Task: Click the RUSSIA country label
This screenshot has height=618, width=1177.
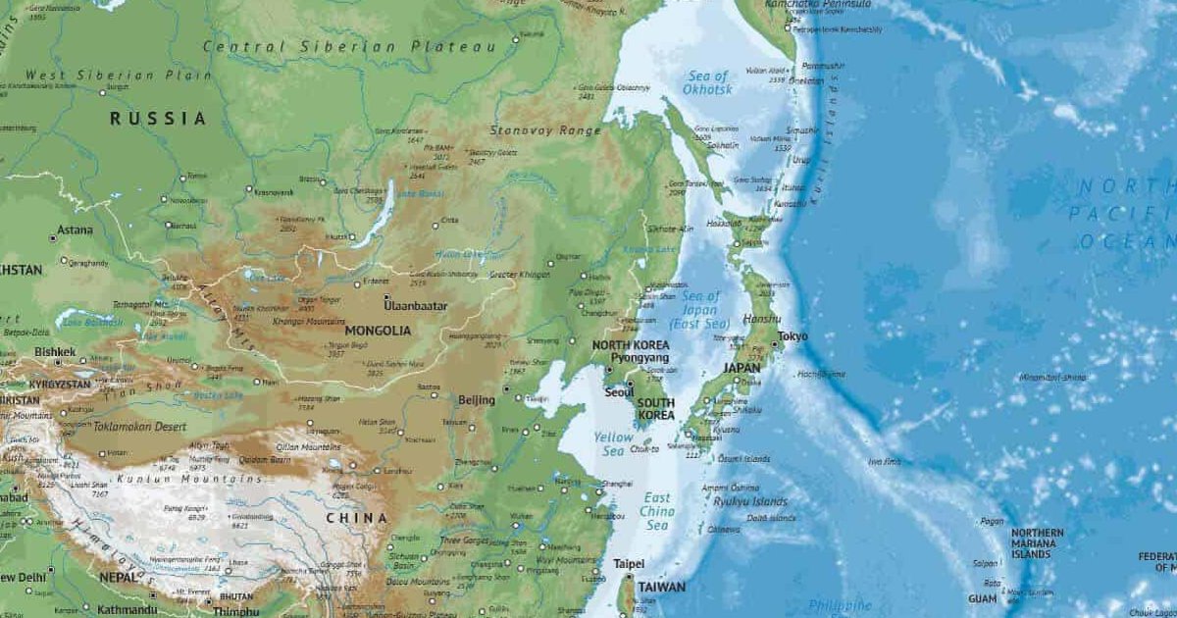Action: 158,119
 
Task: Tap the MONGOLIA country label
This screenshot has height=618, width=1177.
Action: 378,332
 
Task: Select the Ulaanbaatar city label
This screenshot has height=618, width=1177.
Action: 415,306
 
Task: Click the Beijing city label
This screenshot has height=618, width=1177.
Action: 477,400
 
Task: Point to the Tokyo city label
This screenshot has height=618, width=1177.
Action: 793,336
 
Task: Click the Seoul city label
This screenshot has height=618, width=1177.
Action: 619,392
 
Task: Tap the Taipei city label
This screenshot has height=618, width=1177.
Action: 629,564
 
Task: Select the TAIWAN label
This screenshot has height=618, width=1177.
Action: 661,587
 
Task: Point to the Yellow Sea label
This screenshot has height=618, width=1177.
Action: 614,444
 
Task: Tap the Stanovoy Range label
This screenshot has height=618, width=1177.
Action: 545,130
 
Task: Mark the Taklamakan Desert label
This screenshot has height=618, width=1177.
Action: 139,427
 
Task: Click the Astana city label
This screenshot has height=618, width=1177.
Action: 76,231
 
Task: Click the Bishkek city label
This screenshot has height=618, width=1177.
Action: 55,351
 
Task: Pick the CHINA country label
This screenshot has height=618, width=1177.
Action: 356,517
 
